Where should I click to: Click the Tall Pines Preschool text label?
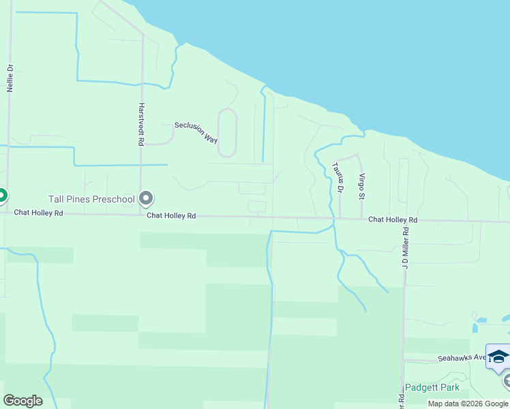pos(91,199)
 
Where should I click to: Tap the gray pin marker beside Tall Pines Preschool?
pos(146,198)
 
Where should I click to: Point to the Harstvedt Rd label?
pos(141,124)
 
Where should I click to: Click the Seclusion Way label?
pos(196,132)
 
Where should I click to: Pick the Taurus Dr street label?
pos(336,176)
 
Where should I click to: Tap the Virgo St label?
pos(362,185)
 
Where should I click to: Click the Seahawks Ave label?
pos(461,357)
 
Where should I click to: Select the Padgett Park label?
pos(432,387)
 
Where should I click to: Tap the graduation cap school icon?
pos(498,357)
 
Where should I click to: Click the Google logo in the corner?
pos(22,401)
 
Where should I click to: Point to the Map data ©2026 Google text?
pos(468,404)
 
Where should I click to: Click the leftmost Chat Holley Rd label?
pos(38,213)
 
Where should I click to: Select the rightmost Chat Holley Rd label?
pos(393,219)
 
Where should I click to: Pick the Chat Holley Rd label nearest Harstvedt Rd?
pos(171,215)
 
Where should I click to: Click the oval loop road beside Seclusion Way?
pos(227,133)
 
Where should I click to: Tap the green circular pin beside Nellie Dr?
pos(1,196)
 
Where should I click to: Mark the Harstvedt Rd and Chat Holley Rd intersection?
pos(140,215)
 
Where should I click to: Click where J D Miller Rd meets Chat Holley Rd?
pos(406,220)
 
